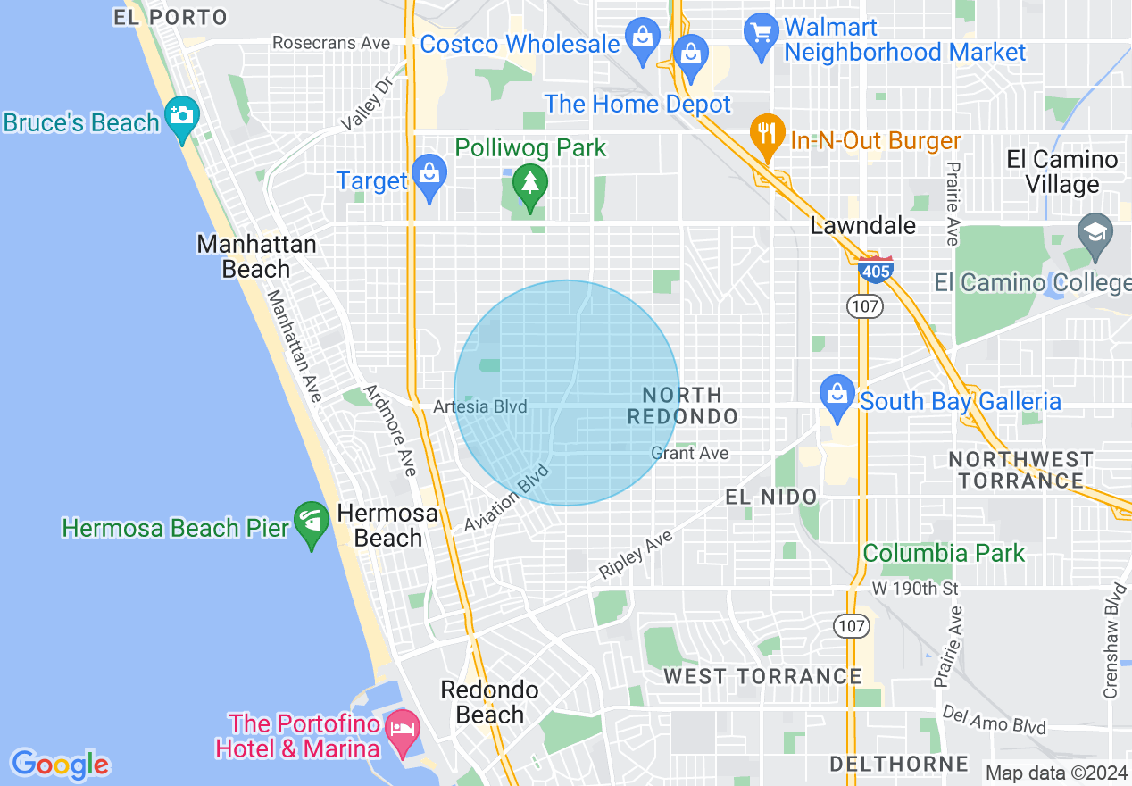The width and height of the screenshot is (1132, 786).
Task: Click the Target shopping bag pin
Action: tap(429, 178)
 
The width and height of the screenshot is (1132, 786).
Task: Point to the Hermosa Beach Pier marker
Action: tap(312, 524)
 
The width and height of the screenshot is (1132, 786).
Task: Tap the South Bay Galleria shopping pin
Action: tap(837, 398)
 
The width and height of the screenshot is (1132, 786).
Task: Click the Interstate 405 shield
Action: tap(875, 269)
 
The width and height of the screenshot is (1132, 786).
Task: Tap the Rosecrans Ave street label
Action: tap(331, 43)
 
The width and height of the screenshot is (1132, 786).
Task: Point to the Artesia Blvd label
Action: tap(480, 406)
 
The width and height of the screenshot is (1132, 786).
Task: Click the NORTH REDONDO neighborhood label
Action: tap(683, 406)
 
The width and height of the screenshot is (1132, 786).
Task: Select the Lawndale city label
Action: tap(862, 225)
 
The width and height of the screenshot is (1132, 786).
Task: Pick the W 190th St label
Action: tap(914, 589)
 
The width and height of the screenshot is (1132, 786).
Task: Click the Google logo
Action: tap(61, 765)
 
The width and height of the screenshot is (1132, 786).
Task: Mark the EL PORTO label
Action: tap(171, 17)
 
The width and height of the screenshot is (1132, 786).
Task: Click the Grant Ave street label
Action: tap(689, 453)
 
